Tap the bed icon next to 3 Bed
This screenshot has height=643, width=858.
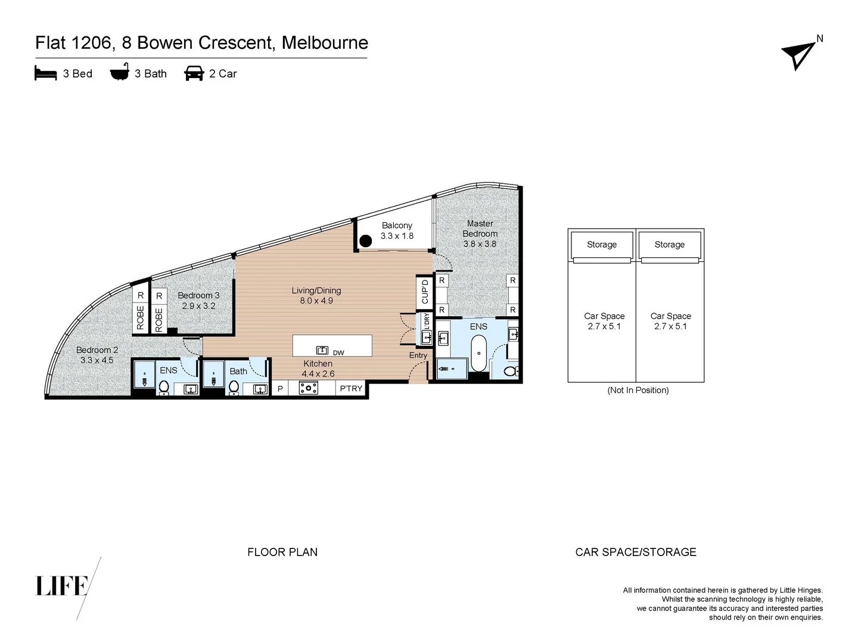click(x=46, y=74)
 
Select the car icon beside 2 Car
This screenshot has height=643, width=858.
click(x=194, y=74)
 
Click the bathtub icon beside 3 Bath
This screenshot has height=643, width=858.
click(x=119, y=73)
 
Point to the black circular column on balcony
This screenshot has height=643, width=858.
click(x=365, y=241)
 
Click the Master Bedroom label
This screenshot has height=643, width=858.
click(x=480, y=229)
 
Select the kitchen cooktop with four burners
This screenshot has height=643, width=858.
click(x=308, y=388)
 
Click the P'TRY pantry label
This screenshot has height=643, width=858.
click(x=351, y=389)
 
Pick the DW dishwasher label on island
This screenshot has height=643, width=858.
click(x=338, y=353)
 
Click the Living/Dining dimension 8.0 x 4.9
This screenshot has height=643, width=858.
click(x=316, y=301)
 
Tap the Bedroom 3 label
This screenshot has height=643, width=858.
click(x=198, y=295)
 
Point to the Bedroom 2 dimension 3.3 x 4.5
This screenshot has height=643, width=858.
click(x=97, y=360)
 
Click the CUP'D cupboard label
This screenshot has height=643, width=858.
click(x=425, y=292)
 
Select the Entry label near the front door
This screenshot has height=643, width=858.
click(x=418, y=355)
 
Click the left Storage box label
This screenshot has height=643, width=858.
click(x=601, y=245)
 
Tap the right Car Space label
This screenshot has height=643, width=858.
click(x=670, y=316)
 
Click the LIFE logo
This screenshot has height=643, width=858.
click(x=62, y=586)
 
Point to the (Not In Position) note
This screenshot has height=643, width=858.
click(x=638, y=391)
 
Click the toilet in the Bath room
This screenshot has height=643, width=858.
click(x=234, y=388)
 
